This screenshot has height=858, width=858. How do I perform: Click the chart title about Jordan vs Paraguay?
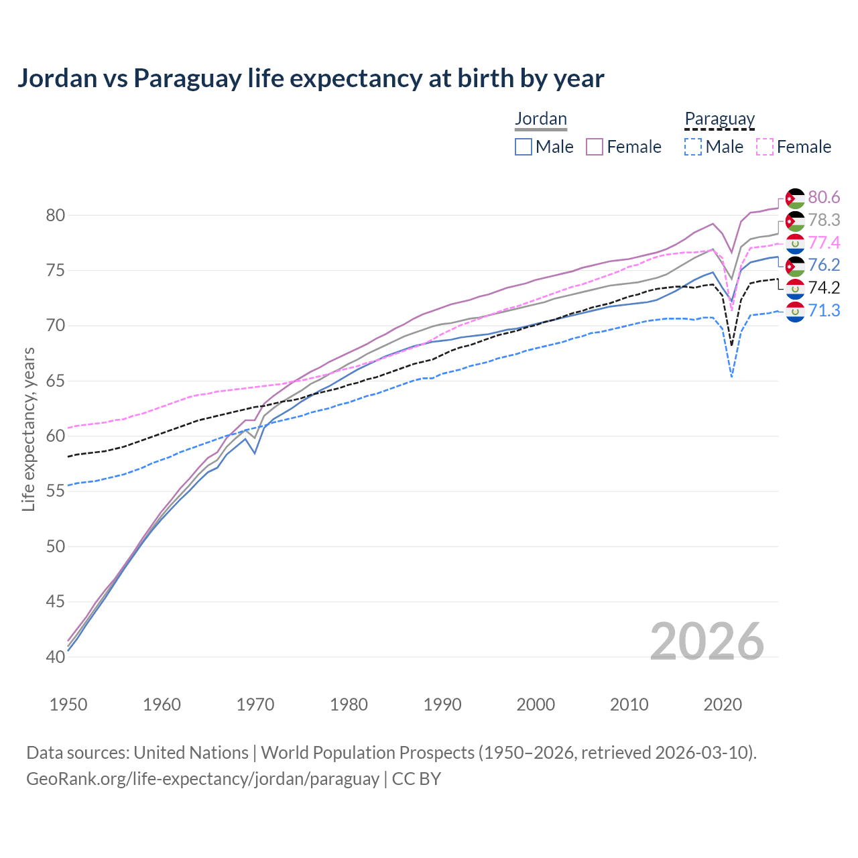tap(310, 78)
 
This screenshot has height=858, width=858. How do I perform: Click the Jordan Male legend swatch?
tap(524, 147)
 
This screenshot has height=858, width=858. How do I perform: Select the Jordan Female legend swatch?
tap(595, 147)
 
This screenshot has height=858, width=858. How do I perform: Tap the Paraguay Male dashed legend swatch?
tap(693, 147)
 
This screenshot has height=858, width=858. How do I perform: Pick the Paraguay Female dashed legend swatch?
tap(764, 147)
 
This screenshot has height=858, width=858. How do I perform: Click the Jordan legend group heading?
tap(541, 119)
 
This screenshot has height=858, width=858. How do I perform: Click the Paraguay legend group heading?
tap(719, 119)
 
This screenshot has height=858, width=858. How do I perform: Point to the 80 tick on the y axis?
tap(56, 216)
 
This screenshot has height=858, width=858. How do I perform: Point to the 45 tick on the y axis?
tap(56, 602)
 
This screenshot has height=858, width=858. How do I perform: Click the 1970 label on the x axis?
tap(255, 704)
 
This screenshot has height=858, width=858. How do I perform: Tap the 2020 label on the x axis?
tap(723, 704)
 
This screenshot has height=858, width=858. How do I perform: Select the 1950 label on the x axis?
tap(68, 704)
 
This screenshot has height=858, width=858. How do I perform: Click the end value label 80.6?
tap(824, 197)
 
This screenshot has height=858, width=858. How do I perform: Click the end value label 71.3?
tap(824, 310)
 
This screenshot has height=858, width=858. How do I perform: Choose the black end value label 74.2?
tap(824, 288)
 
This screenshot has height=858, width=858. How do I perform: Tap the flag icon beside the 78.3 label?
tap(795, 221)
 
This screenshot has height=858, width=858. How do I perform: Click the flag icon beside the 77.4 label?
tap(795, 243)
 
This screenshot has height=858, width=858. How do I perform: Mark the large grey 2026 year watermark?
tap(707, 641)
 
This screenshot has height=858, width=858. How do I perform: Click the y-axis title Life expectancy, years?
tap(28, 429)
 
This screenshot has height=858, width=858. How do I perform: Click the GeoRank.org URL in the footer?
tap(202, 779)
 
